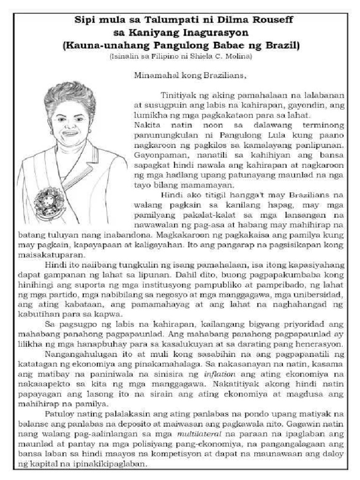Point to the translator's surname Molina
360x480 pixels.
tap(239, 56)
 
